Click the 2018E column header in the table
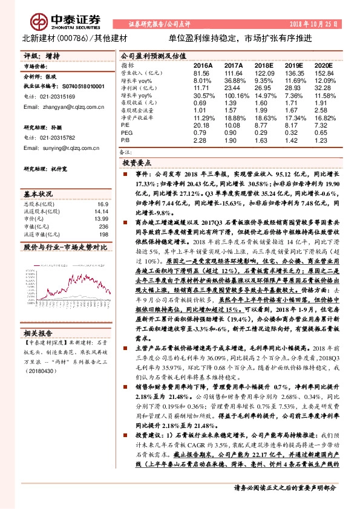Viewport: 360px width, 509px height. tap(264, 64)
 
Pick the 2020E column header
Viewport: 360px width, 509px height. tap(324, 64)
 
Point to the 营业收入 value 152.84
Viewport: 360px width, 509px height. tap(324, 73)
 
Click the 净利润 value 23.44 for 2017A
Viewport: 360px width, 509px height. tap(233, 88)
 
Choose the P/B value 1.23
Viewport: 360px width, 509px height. tap(324, 140)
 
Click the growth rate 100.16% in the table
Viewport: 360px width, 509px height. tap(233, 96)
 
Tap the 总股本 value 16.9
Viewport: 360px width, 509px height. tap(103, 204)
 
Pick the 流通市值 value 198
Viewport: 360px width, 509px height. tap(102, 233)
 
